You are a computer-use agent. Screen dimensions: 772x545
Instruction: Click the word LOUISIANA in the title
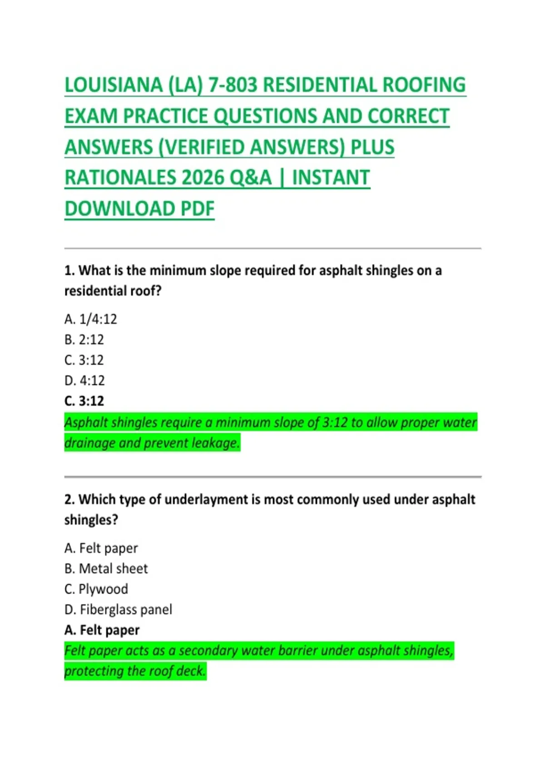[x=114, y=85]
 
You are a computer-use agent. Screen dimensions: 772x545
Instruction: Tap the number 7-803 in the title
[x=233, y=85]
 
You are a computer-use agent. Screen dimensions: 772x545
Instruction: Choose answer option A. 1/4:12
[x=91, y=319]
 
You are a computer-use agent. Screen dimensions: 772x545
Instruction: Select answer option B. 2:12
[x=84, y=340]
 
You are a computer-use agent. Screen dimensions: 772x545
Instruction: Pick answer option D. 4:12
[x=84, y=381]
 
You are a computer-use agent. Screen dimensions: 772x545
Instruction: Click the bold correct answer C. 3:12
[x=84, y=401]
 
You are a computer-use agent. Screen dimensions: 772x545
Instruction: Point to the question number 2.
[x=69, y=500]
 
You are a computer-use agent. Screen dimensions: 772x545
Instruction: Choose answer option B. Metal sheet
[x=106, y=569]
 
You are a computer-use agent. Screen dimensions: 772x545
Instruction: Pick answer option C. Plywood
[x=96, y=589]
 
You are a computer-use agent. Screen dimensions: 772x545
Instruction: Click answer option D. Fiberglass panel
[x=118, y=609]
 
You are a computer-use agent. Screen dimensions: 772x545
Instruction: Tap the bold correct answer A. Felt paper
[x=102, y=630]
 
